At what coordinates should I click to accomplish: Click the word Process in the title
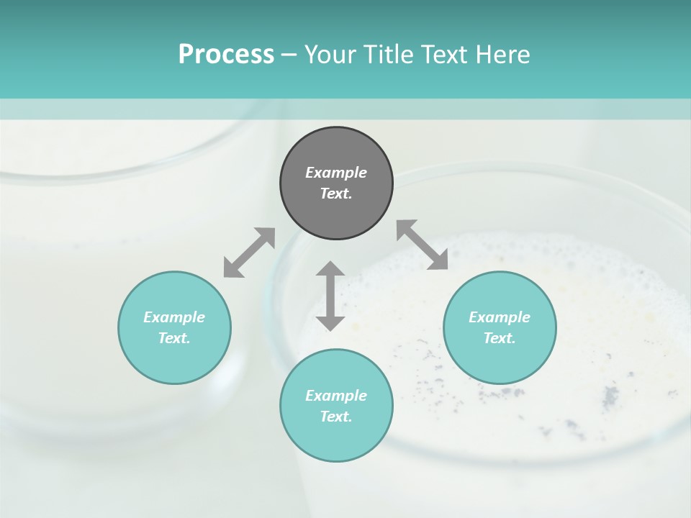point(226,55)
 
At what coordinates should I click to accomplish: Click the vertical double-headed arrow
point(330,296)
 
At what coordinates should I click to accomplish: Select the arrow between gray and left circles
point(249,253)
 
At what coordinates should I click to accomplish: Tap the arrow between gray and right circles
point(422,245)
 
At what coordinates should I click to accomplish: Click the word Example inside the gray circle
point(336,173)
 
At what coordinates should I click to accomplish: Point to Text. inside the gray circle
point(336,194)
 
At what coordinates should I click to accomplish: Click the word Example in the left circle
point(174,317)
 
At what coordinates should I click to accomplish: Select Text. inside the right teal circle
point(500,338)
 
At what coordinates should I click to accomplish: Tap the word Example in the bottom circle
point(336,396)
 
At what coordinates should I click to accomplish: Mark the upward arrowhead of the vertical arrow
point(330,269)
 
